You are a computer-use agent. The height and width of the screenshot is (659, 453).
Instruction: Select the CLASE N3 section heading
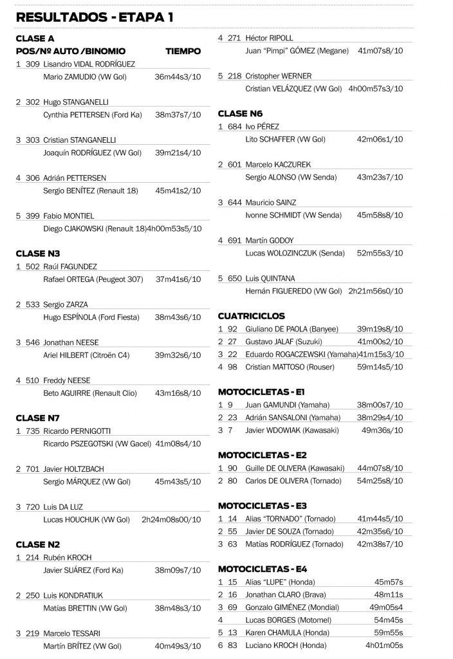pos(38,254)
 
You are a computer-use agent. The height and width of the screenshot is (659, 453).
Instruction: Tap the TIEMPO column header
pos(183,51)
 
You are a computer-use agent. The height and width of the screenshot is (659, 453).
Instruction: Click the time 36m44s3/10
pos(178,77)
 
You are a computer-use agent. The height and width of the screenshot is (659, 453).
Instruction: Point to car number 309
pos(33,64)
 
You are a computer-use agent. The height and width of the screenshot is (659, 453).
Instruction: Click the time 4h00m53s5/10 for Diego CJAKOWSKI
pos(174,228)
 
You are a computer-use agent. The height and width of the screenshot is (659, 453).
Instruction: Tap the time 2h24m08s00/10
pos(171,520)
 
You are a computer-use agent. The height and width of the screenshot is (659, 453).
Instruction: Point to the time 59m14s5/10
pos(380,367)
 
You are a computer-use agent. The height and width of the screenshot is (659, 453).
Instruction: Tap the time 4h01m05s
pos(384,645)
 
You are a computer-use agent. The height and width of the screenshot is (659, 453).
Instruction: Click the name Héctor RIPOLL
pos(269,38)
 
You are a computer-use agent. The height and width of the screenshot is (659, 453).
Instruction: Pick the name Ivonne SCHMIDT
pos(273,215)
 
